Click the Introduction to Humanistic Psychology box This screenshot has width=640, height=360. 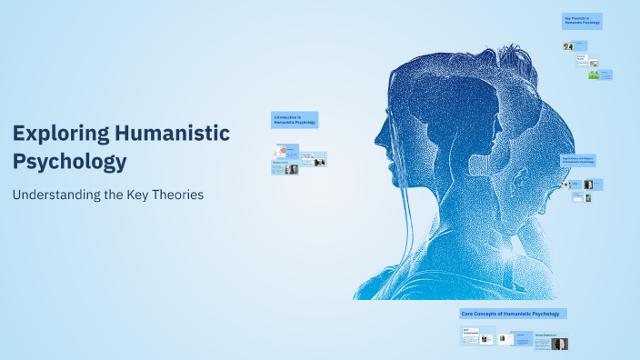pos(295,120)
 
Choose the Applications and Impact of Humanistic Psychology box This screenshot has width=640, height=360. pos(578,160)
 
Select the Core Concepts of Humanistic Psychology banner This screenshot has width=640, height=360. pos(513,313)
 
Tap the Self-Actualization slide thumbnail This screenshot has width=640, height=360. pos(472,336)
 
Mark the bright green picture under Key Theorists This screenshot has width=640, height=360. pos(594,75)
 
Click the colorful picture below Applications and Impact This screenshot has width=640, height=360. pos(588,198)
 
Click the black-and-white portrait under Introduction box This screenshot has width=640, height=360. pos(291,169)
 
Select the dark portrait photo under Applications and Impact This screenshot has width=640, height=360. pos(588,185)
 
